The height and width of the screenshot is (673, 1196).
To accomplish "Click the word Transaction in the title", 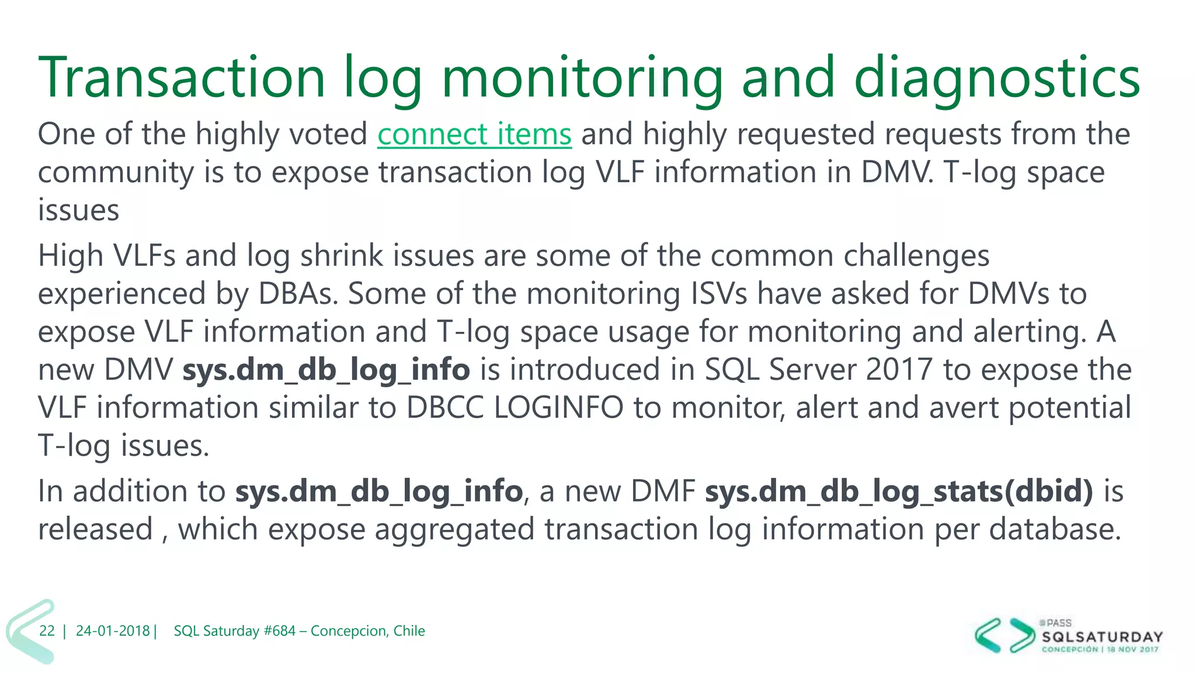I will (182, 78).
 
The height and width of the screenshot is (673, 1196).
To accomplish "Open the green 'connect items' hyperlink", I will (474, 134).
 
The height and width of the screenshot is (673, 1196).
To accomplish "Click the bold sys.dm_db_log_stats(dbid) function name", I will (899, 491).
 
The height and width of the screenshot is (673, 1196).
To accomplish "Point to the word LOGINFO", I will (558, 408).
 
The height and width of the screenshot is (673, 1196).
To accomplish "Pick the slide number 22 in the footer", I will (47, 631).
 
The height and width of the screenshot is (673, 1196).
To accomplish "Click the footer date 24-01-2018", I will (113, 631).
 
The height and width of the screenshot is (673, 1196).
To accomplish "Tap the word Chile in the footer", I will (409, 631).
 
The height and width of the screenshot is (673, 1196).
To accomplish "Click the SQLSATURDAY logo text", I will (1103, 637).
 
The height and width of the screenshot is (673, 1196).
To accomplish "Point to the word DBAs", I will (298, 294).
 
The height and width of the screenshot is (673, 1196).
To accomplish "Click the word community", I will (116, 173).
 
